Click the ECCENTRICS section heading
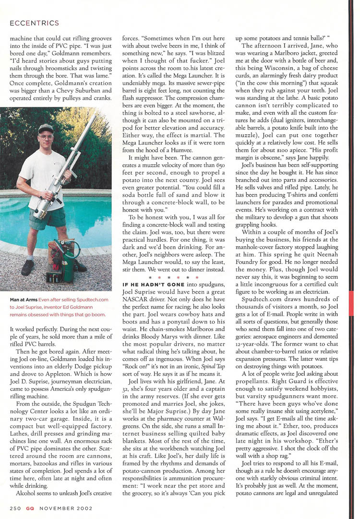(34, 23)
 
